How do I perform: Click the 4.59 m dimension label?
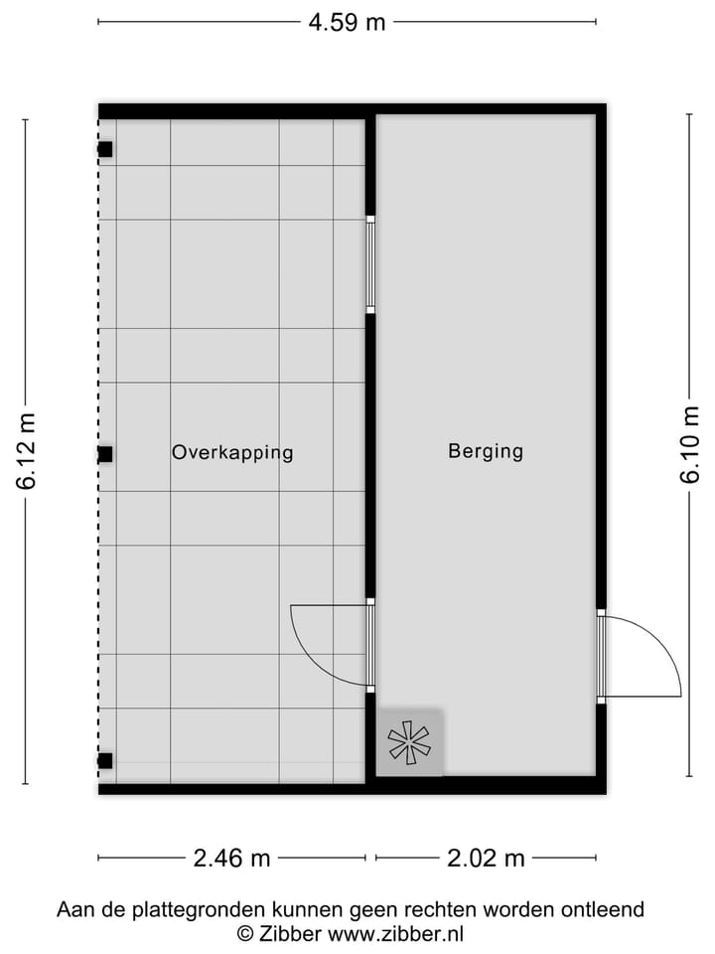coord(347,22)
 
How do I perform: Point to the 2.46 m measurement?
coord(231,858)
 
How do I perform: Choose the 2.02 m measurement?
coord(486,858)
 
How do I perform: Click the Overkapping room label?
coord(232,452)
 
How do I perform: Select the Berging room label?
coord(486,451)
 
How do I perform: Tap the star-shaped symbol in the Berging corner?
coord(409,742)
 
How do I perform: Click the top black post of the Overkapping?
coord(104,150)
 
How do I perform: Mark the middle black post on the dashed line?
coord(104,454)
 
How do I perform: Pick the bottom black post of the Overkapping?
coord(104,762)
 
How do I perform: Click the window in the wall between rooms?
coord(370,266)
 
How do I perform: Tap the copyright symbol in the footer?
coord(244,933)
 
